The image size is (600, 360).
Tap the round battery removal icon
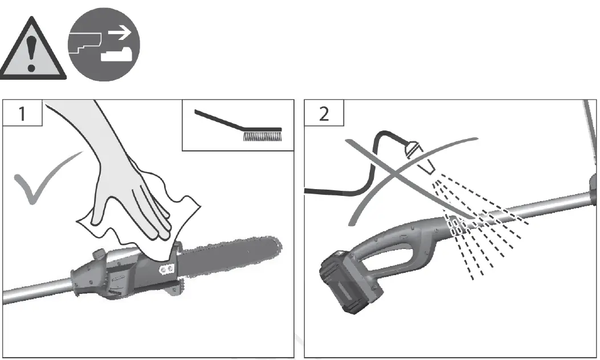(104, 44)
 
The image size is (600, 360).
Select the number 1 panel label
(22, 114)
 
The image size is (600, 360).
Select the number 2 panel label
(324, 114)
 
